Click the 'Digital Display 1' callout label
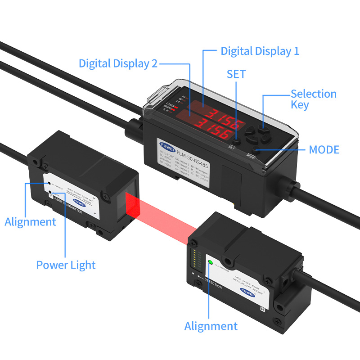(x=260, y=51)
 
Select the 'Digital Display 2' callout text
(x=118, y=63)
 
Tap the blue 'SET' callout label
(x=236, y=74)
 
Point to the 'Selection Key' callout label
(x=313, y=99)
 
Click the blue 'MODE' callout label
(x=324, y=150)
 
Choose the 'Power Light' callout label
(x=66, y=265)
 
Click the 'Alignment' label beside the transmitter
(x=30, y=221)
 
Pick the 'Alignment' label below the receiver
(x=211, y=326)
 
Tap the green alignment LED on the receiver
(x=210, y=262)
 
